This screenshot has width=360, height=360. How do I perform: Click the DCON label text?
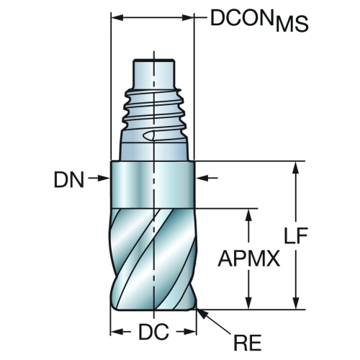[x=242, y=18]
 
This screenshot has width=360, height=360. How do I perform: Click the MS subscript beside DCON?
[x=292, y=24]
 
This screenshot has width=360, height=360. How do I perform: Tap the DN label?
[x=69, y=180]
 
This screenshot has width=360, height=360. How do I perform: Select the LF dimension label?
[x=296, y=235]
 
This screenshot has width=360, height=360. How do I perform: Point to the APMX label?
[x=249, y=258]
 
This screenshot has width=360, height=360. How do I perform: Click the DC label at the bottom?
[x=153, y=332]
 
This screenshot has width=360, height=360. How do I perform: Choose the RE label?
[x=248, y=343]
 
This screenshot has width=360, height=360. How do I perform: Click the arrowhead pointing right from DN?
[x=104, y=178]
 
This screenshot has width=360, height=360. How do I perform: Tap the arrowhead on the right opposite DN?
[x=202, y=178]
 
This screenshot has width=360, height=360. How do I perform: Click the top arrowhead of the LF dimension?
[x=296, y=167]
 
